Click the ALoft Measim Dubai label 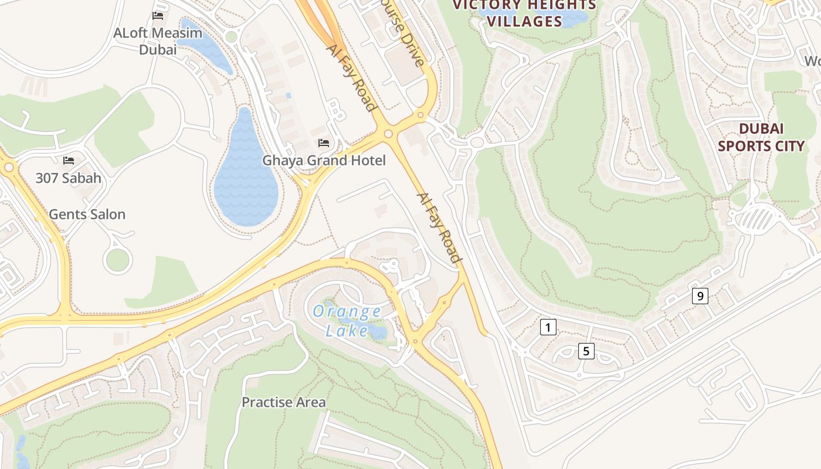157,41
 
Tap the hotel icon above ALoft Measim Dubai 157,15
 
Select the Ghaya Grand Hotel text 324,160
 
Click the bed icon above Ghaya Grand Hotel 323,142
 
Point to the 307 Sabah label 68,178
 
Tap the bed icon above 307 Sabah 69,160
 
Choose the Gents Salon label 87,215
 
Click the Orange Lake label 347,321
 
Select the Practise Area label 283,402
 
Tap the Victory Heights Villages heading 524,13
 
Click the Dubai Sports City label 761,137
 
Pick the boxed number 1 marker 547,327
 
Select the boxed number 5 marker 585,351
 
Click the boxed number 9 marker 700,296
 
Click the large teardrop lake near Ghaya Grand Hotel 245,182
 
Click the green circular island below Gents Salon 117,260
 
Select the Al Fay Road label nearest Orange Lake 439,227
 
